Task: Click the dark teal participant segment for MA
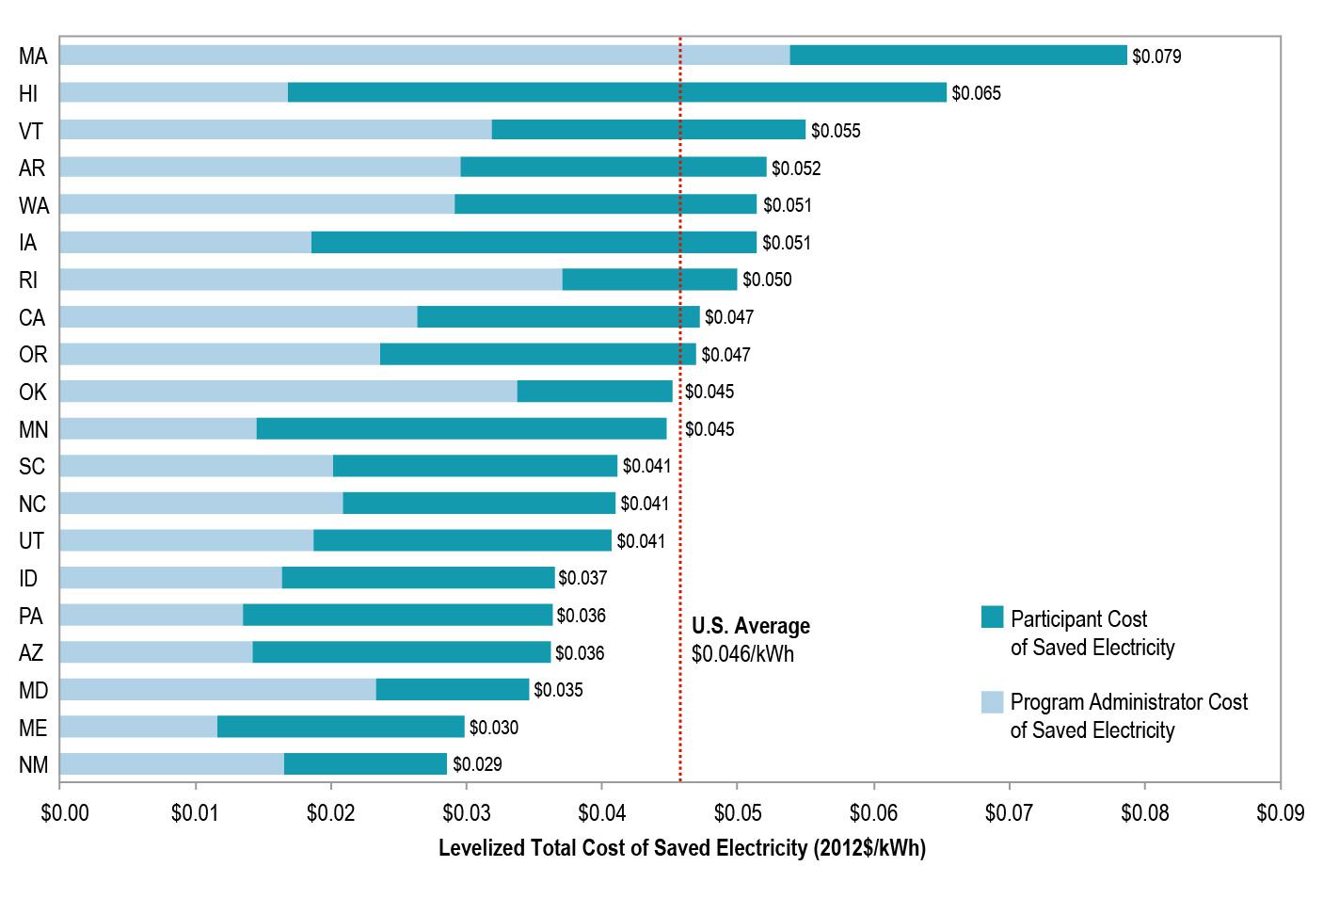point(958,56)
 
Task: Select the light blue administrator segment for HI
point(173,92)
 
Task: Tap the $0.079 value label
point(1156,56)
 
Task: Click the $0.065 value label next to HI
point(976,93)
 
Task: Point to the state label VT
point(31,131)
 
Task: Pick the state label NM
point(33,765)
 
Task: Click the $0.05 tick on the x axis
point(738,812)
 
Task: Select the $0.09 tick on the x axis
point(1280,812)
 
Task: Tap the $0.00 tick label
point(65,812)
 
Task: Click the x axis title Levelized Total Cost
point(681,848)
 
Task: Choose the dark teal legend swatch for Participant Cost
point(992,617)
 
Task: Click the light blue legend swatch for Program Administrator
point(992,701)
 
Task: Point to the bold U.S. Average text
point(750,626)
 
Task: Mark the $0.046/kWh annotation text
point(742,654)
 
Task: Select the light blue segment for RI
point(311,280)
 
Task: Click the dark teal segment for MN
point(461,429)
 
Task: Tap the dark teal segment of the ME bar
point(341,727)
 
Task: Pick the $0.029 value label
point(477,764)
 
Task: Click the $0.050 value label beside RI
point(767,280)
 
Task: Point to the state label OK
point(33,393)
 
